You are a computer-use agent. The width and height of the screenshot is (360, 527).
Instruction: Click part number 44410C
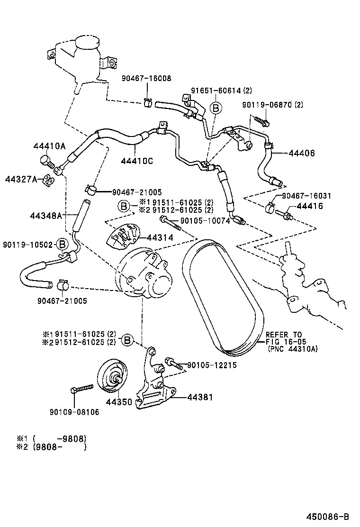pos(136,161)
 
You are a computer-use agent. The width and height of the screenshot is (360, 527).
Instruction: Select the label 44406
pos(301,153)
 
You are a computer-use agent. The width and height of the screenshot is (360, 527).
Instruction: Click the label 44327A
pos(21,179)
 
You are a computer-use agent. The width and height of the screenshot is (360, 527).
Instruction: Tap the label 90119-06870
pos(272,105)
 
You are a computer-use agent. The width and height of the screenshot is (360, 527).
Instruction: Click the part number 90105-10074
pos(204,220)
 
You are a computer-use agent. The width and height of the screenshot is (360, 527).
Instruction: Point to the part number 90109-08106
pos(74,412)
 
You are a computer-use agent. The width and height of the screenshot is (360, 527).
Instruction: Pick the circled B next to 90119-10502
pos(62,245)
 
